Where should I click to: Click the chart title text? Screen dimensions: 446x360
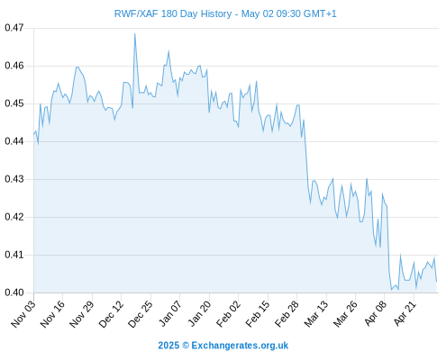(225, 14)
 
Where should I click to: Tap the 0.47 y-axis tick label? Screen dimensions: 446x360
(14, 28)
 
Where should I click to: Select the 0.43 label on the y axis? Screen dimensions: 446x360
(14, 179)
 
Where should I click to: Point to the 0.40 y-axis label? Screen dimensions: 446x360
(14, 292)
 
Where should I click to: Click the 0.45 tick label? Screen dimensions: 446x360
(14, 103)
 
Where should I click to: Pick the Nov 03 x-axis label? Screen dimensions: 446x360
(23, 313)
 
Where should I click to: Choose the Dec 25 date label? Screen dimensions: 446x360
(141, 313)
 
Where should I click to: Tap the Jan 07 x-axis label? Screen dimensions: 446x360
(170, 313)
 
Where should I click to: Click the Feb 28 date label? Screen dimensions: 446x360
(287, 313)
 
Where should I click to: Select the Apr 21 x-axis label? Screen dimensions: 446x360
(405, 313)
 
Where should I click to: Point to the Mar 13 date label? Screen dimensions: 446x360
(316, 313)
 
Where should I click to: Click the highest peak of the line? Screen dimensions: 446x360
(135, 34)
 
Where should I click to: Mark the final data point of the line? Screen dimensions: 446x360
(436, 282)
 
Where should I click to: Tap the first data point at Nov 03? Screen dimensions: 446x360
(34, 134)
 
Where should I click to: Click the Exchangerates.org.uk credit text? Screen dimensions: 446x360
(240, 346)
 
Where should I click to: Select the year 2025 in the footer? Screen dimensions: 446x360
(168, 346)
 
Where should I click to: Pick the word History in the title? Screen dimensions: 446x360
(216, 14)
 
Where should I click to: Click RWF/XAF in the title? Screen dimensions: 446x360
(136, 14)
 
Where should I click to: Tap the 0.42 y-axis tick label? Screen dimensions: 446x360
(14, 217)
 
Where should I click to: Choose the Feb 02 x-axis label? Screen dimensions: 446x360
(229, 313)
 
